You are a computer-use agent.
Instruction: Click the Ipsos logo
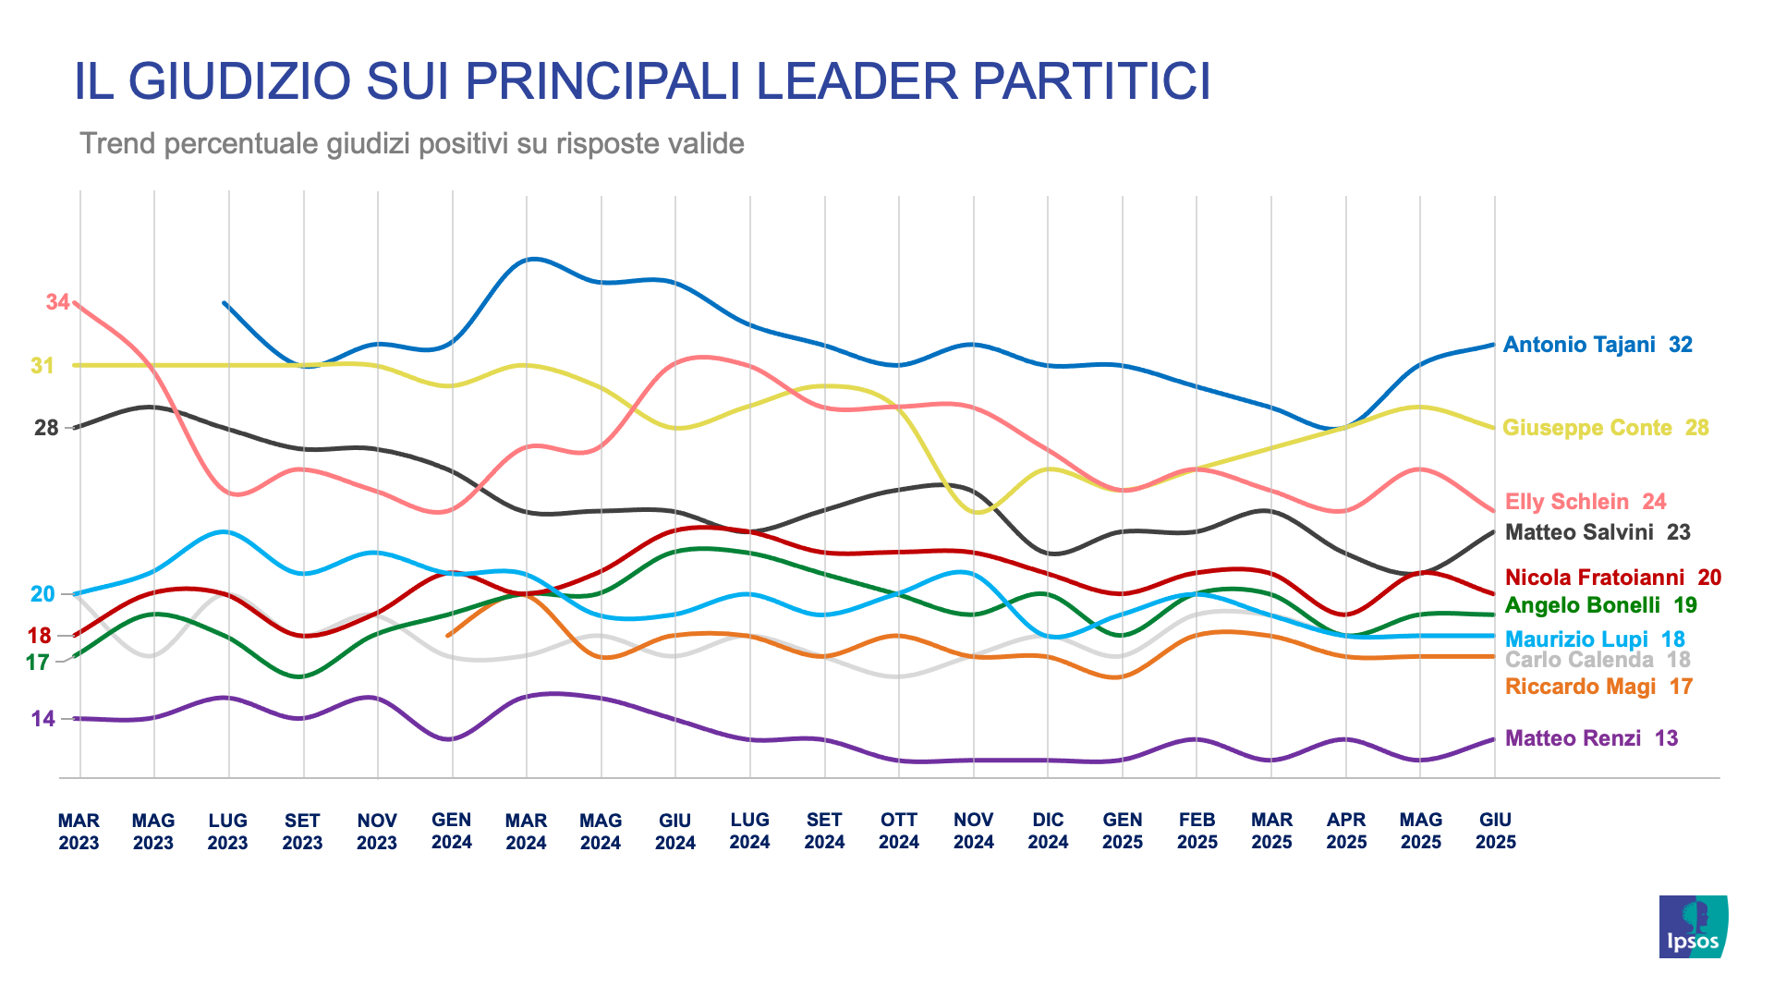(1693, 926)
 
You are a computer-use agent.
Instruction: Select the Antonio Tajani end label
(1597, 345)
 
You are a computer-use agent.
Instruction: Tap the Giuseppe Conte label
(1605, 428)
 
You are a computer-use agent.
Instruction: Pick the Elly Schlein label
(1585, 502)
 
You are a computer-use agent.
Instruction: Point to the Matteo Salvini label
(1597, 532)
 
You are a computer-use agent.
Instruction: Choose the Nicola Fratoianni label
(1612, 578)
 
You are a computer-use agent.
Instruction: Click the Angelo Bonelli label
(1600, 605)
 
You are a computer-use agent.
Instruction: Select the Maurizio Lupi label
(1595, 639)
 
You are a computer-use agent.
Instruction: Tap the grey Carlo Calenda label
(1597, 660)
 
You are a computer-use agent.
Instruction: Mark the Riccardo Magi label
(1598, 687)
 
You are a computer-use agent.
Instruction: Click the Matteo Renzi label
(1591, 738)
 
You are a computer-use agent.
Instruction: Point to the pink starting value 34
(57, 302)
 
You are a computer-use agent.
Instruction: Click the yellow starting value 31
(43, 366)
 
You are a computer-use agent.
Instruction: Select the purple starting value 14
(43, 719)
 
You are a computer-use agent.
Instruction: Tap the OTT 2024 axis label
(898, 831)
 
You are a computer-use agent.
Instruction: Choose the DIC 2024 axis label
(1048, 831)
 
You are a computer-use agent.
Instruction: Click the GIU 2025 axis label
(1495, 831)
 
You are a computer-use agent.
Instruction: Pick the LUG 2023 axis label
(227, 831)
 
